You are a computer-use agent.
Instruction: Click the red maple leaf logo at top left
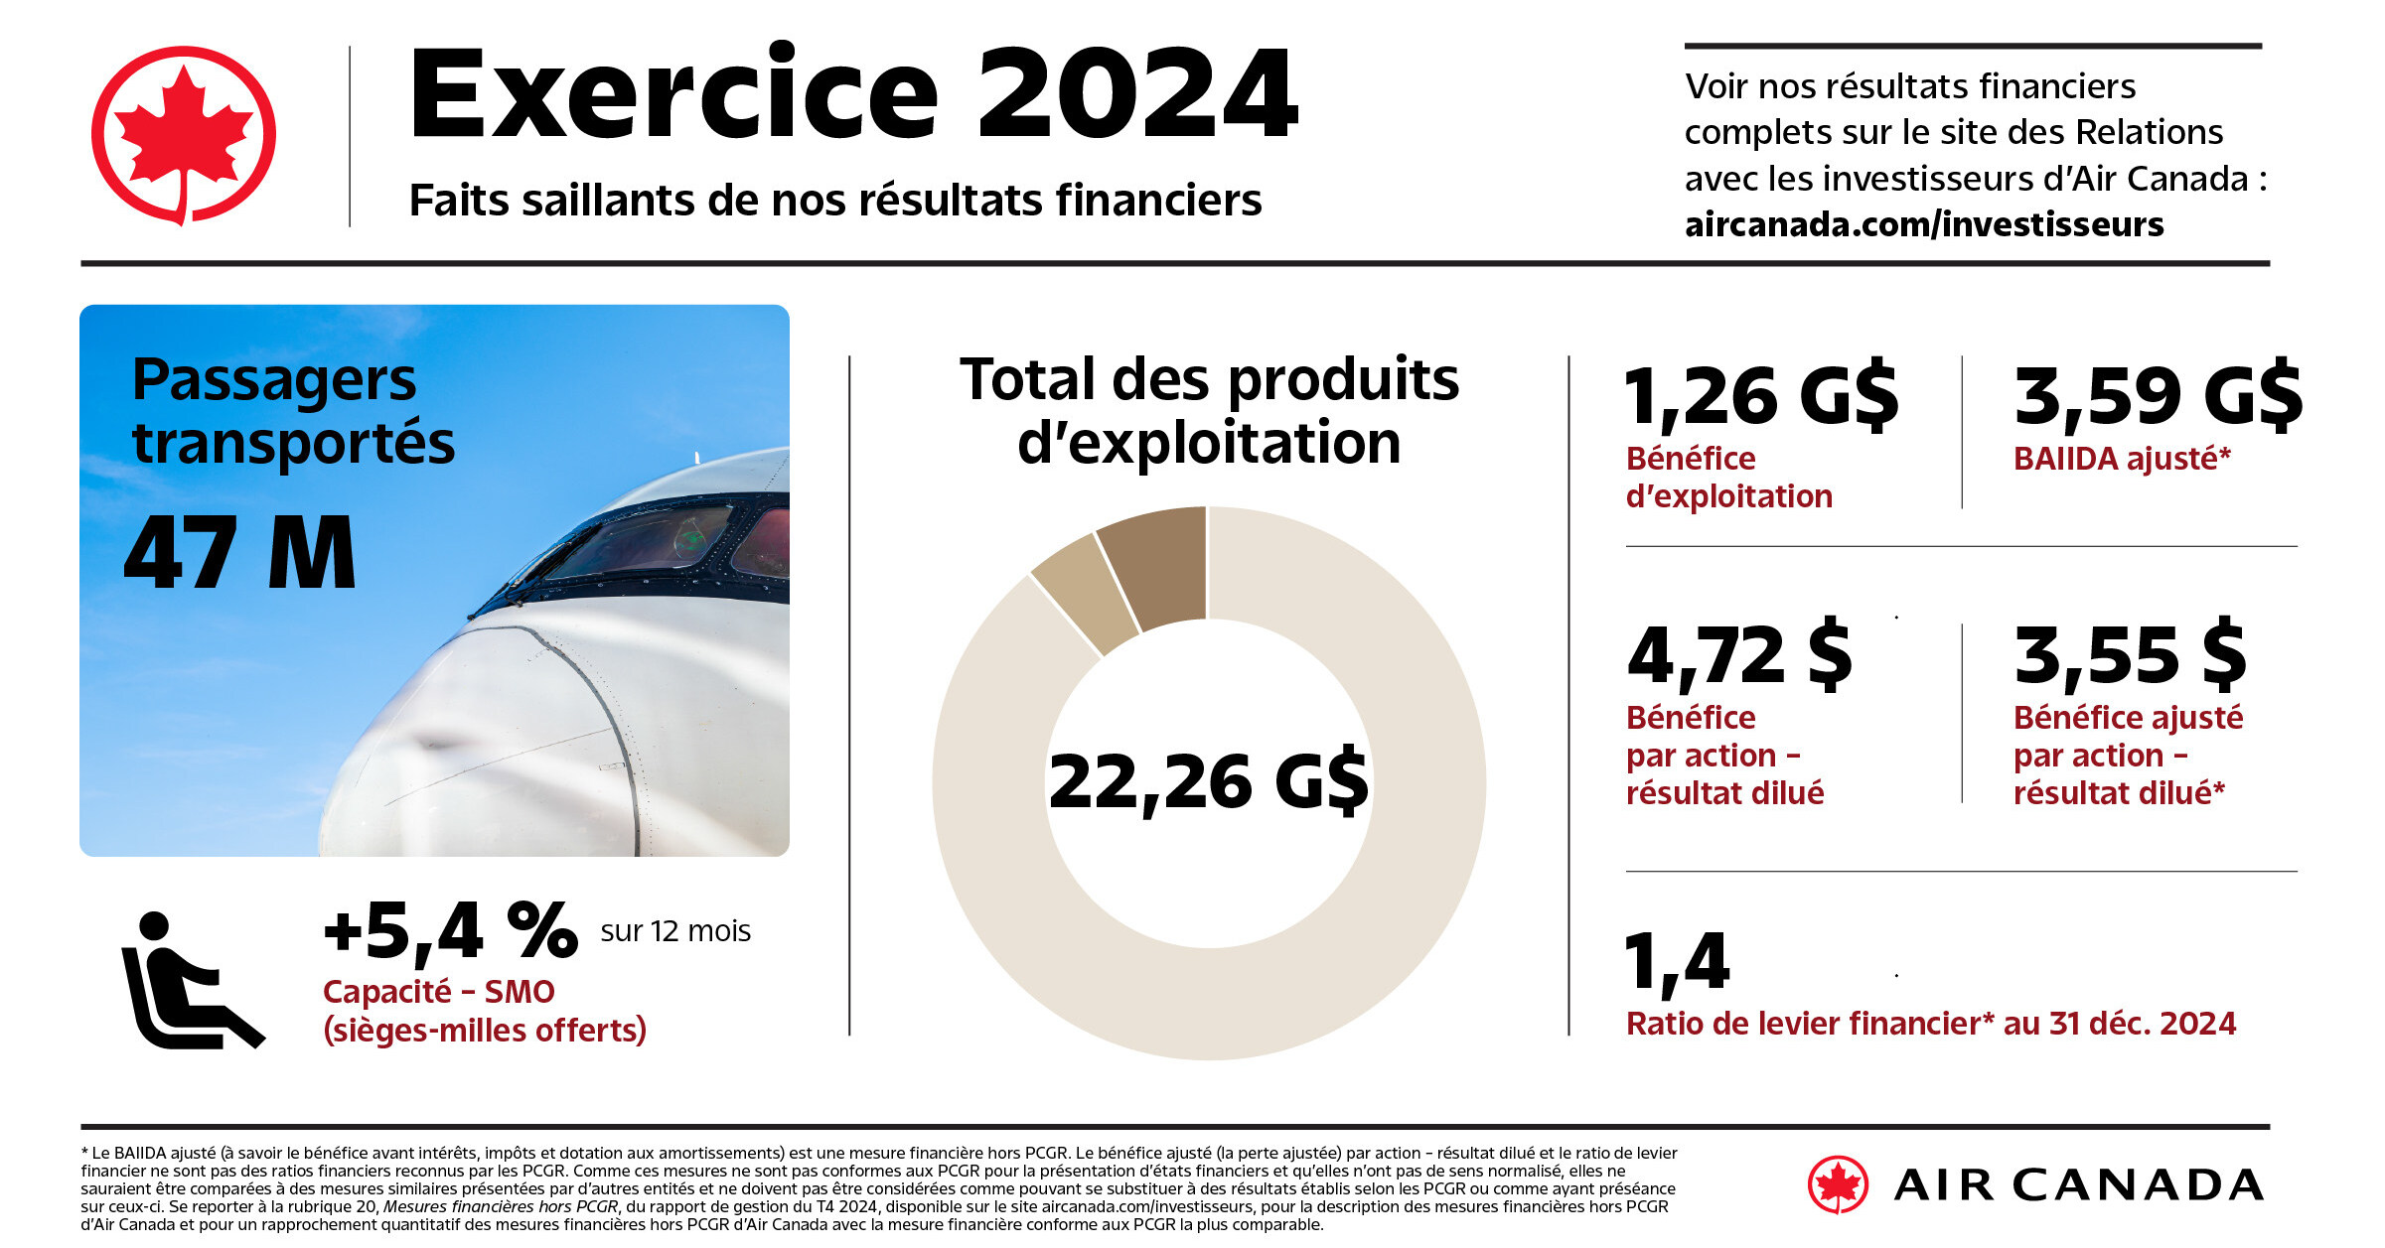(184, 135)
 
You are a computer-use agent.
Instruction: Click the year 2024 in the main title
(1137, 95)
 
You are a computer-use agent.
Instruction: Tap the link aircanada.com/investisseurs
(1923, 224)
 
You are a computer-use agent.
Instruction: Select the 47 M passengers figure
(239, 554)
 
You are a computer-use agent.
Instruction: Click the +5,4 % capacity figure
(450, 931)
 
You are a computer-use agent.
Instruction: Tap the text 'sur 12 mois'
(675, 931)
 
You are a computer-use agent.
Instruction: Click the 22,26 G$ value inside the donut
(1208, 782)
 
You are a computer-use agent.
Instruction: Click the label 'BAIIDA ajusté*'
(2122, 459)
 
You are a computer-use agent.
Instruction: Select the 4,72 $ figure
(1739, 655)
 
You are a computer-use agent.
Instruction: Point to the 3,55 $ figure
(2130, 655)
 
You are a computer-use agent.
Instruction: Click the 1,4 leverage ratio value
(1677, 961)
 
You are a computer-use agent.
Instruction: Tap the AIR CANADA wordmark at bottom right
(2078, 1185)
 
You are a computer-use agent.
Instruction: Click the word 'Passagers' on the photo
(274, 381)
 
